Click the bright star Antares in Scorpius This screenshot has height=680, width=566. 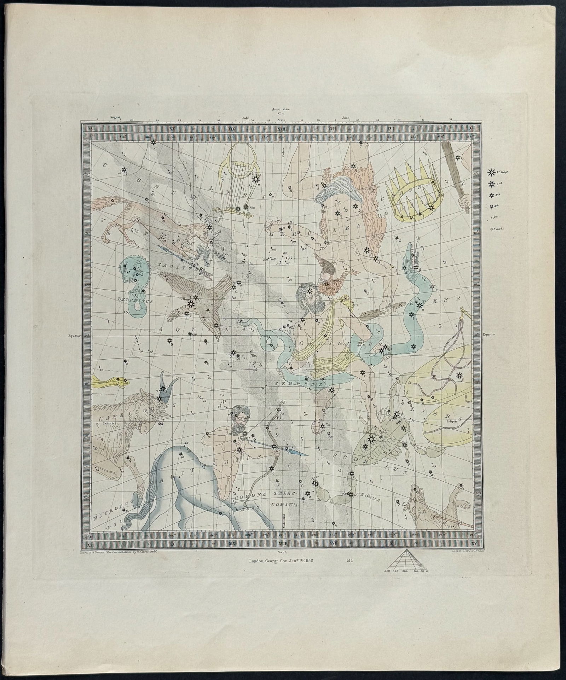(371, 439)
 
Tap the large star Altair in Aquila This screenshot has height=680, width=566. (191, 304)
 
